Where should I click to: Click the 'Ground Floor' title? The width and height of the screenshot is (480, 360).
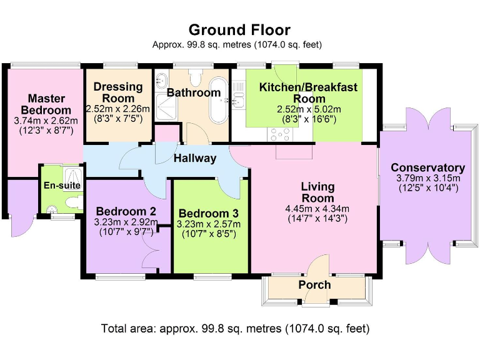coord(239,29)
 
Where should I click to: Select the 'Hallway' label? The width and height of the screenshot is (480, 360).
coord(195,158)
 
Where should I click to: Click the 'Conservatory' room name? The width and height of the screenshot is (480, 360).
coord(427,167)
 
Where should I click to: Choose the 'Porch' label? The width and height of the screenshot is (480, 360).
coord(314,284)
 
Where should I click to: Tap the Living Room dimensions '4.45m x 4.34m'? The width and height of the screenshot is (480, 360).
coord(317,209)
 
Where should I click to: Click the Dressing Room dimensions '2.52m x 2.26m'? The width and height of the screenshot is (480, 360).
coord(118,108)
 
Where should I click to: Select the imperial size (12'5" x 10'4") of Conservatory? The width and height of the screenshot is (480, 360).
coord(427,187)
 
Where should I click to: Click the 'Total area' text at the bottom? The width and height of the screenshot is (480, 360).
coord(236,327)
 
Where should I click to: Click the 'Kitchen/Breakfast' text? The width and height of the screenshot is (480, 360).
coord(309,87)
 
